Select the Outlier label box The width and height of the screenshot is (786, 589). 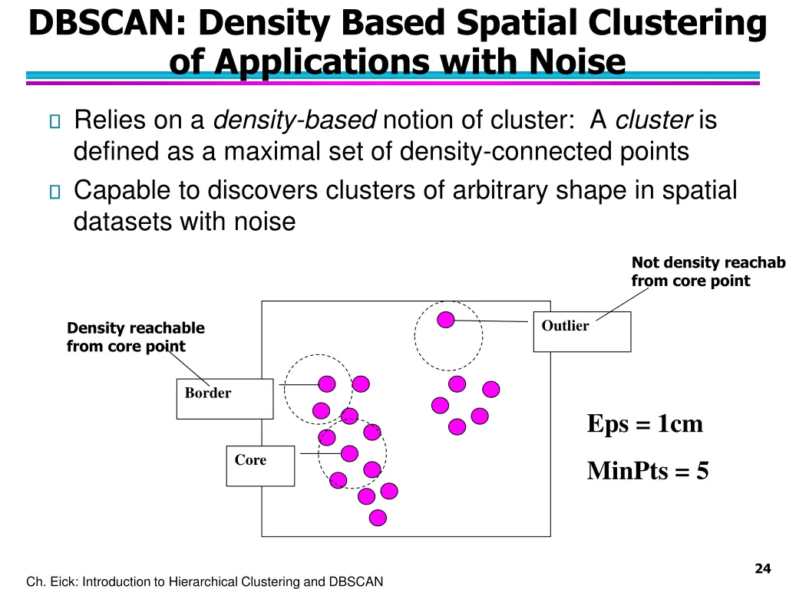pos(581,331)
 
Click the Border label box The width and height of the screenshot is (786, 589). pos(224,398)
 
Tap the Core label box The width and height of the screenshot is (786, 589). pos(259,466)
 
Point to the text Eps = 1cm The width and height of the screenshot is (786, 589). pos(645,423)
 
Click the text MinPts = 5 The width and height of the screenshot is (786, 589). pos(648,470)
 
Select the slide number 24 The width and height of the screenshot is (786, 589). pos(761,568)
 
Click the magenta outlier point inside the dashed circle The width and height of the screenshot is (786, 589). pos(446,320)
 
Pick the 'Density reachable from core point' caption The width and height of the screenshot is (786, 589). pos(135,337)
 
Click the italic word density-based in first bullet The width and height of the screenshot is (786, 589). pos(294,120)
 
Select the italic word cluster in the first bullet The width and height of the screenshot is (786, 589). pos(655,120)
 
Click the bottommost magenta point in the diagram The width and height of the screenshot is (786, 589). pos(377,518)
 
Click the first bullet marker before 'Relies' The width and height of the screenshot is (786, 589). pos(53,121)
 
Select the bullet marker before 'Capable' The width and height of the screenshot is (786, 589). pos(53,191)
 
